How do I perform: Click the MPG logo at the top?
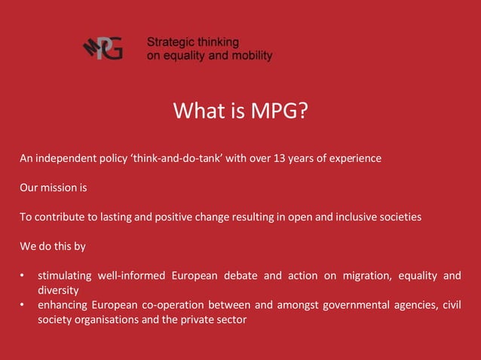103,49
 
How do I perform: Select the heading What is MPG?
240,111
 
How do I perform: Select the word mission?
60,188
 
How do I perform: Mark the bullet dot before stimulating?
23,276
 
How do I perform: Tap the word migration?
365,276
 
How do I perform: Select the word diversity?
58,290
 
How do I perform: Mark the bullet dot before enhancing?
23,305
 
